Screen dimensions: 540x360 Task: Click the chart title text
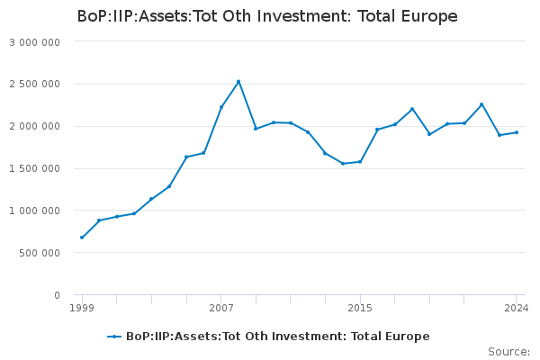tap(267, 16)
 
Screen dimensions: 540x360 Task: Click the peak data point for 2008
tap(238, 82)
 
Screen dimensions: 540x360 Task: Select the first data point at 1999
tap(82, 238)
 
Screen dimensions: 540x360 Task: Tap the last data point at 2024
tap(517, 132)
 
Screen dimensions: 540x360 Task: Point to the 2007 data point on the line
tap(221, 107)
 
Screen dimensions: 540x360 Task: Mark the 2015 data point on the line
tap(360, 162)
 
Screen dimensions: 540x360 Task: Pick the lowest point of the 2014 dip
tap(343, 163)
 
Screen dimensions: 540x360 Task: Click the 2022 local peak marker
tap(481, 104)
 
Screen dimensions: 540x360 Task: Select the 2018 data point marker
tap(412, 109)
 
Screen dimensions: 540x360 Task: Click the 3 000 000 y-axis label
tap(34, 42)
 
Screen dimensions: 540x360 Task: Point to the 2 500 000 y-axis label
tap(34, 84)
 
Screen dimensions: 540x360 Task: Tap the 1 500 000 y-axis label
tap(34, 168)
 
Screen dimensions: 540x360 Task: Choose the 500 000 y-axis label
tap(40, 253)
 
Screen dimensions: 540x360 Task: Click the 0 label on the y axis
tap(57, 295)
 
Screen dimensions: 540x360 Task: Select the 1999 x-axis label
tap(82, 308)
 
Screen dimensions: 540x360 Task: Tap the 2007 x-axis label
tap(221, 308)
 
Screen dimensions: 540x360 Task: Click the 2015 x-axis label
tap(360, 308)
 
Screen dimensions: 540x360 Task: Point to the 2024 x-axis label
tap(517, 308)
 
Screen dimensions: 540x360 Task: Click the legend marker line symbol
tap(114, 337)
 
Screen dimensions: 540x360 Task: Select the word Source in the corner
tap(508, 352)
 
